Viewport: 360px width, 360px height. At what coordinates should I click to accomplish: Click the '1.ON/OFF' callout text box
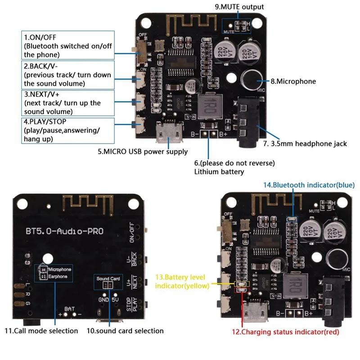tap(67, 45)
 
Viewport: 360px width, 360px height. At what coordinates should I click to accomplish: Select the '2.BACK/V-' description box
tap(67, 75)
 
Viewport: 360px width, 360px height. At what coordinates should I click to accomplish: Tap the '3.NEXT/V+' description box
tap(67, 103)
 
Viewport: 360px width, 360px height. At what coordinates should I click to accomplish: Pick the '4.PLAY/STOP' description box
tap(67, 130)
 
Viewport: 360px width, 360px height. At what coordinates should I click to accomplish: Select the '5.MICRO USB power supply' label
tap(143, 152)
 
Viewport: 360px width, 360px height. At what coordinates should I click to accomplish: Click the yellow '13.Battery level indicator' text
tap(183, 281)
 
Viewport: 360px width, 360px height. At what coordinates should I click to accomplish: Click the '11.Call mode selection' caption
tap(41, 331)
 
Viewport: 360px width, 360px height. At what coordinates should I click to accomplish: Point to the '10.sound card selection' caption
tap(125, 331)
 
